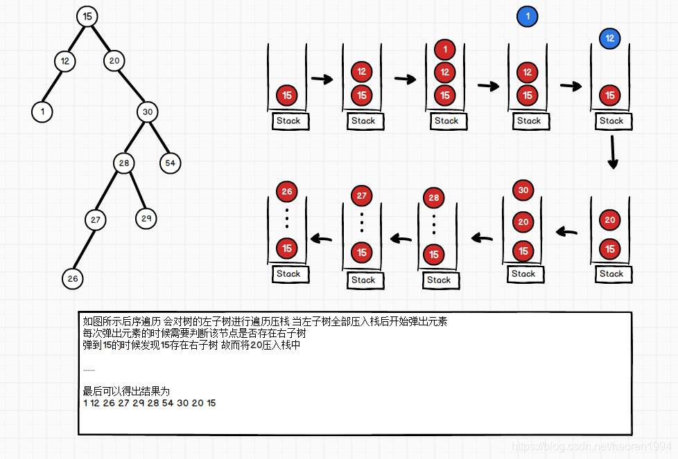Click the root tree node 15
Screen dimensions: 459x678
[87, 16]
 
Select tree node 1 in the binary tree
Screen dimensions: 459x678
[42, 111]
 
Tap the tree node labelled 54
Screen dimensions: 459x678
[170, 163]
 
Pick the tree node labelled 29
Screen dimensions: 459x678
[146, 218]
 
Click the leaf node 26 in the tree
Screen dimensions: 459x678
[73, 278]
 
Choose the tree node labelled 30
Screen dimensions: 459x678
[147, 112]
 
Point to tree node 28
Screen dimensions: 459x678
[124, 163]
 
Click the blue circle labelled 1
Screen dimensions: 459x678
[527, 17]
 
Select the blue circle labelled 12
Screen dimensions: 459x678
[609, 38]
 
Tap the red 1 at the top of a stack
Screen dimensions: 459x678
[444, 50]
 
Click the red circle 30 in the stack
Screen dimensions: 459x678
[523, 190]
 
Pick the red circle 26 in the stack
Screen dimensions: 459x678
[287, 191]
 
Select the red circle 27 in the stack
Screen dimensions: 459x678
[362, 196]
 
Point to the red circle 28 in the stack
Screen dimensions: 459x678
[435, 197]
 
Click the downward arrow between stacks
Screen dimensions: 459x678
[612, 152]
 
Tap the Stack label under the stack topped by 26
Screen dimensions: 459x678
[288, 273]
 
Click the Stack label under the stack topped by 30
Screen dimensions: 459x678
[523, 273]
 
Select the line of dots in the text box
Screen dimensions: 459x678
[89, 370]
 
